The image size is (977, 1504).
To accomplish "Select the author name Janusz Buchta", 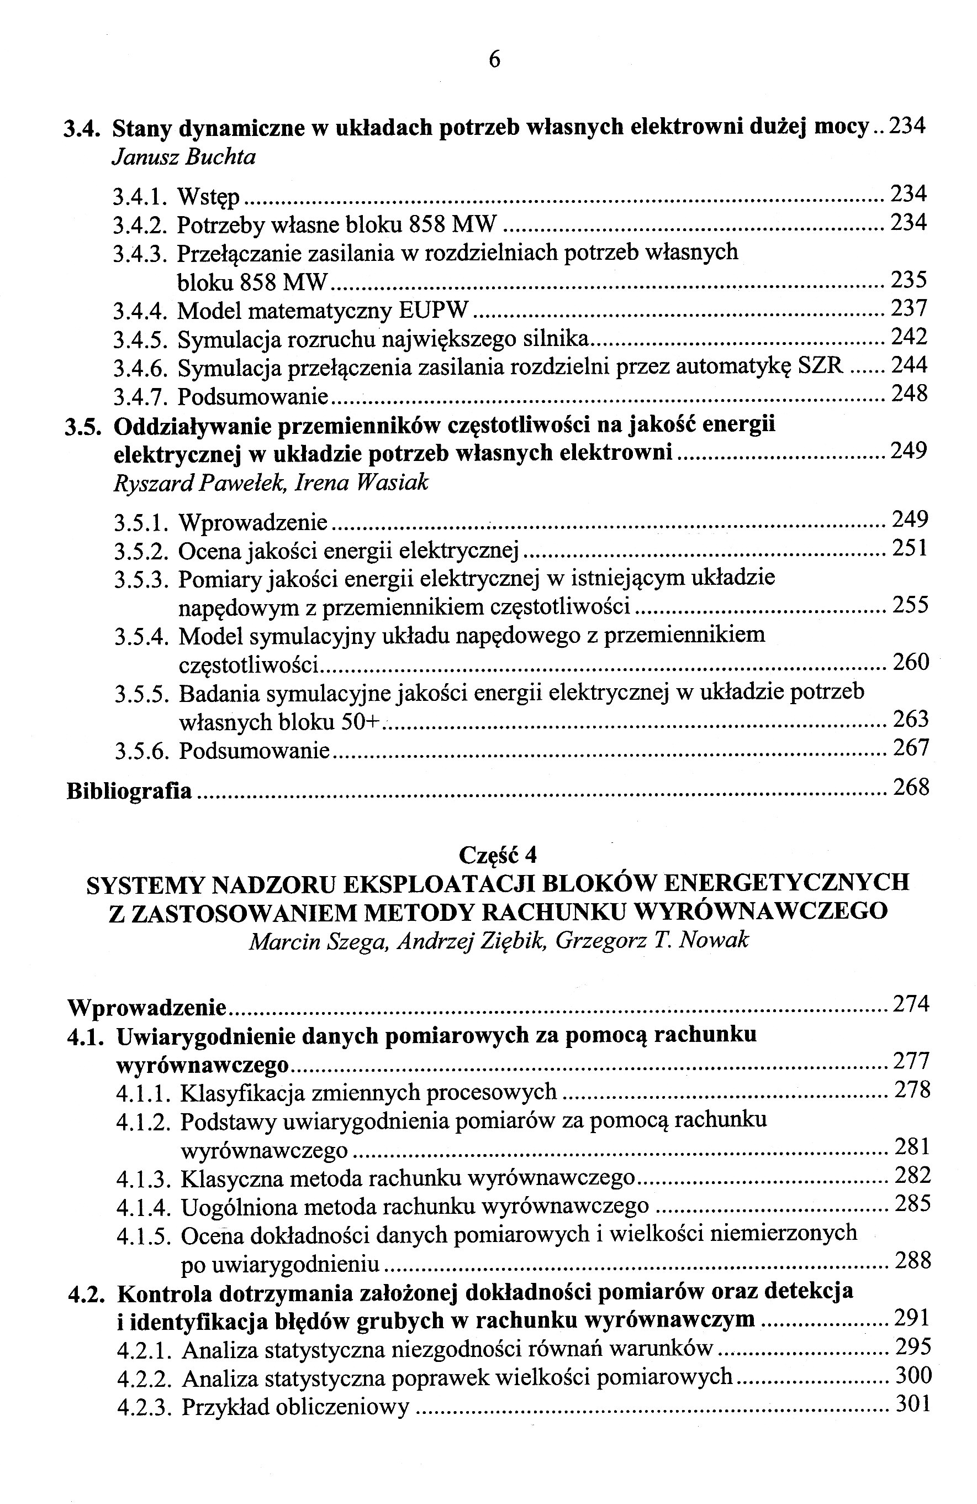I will coord(184,157).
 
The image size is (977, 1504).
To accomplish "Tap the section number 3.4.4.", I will coord(140,310).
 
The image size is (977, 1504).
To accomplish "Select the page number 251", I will coord(910,548).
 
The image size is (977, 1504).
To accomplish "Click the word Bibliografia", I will coord(129,791).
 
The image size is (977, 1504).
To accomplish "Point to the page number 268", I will coord(911,788).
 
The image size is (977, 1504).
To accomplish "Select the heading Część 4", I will coord(498,855).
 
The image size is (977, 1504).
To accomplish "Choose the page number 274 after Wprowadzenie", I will coord(911,1004).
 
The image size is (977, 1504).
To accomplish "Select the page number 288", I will coord(912,1261).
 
